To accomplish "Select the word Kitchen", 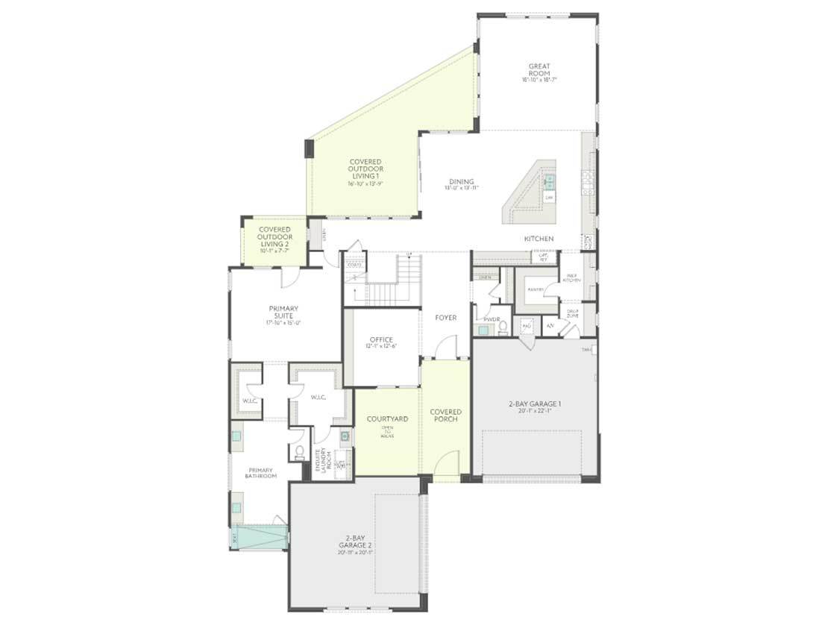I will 539,239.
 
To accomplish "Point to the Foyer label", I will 446,318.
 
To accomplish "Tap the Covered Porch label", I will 446,415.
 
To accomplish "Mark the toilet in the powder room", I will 502,325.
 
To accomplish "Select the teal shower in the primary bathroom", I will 260,538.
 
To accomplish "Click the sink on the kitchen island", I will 548,181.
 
